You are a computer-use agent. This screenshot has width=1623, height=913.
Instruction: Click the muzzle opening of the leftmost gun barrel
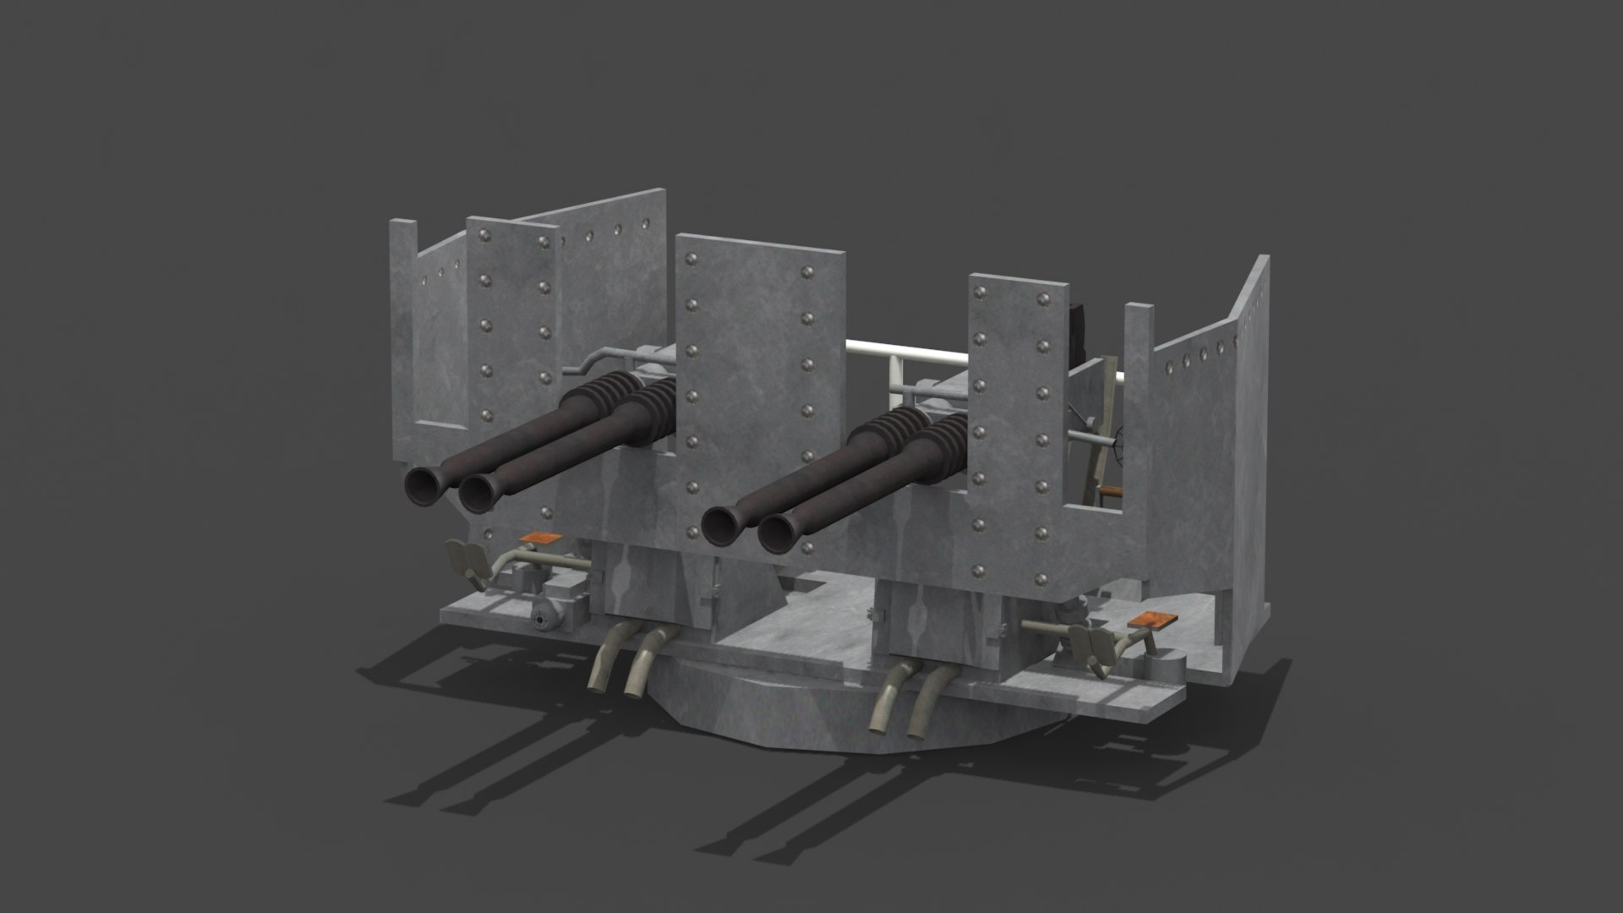pyautogui.click(x=421, y=485)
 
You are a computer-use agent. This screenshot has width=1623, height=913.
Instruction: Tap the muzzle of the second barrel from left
pyautogui.click(x=478, y=492)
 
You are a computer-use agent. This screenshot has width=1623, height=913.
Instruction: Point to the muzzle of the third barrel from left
pyautogui.click(x=721, y=525)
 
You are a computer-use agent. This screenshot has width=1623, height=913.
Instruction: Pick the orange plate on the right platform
pyautogui.click(x=1157, y=620)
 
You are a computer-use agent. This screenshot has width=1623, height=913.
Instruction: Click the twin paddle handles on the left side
pyautogui.click(x=468, y=560)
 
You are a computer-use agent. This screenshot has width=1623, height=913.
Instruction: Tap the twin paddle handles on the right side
pyautogui.click(x=1090, y=645)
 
